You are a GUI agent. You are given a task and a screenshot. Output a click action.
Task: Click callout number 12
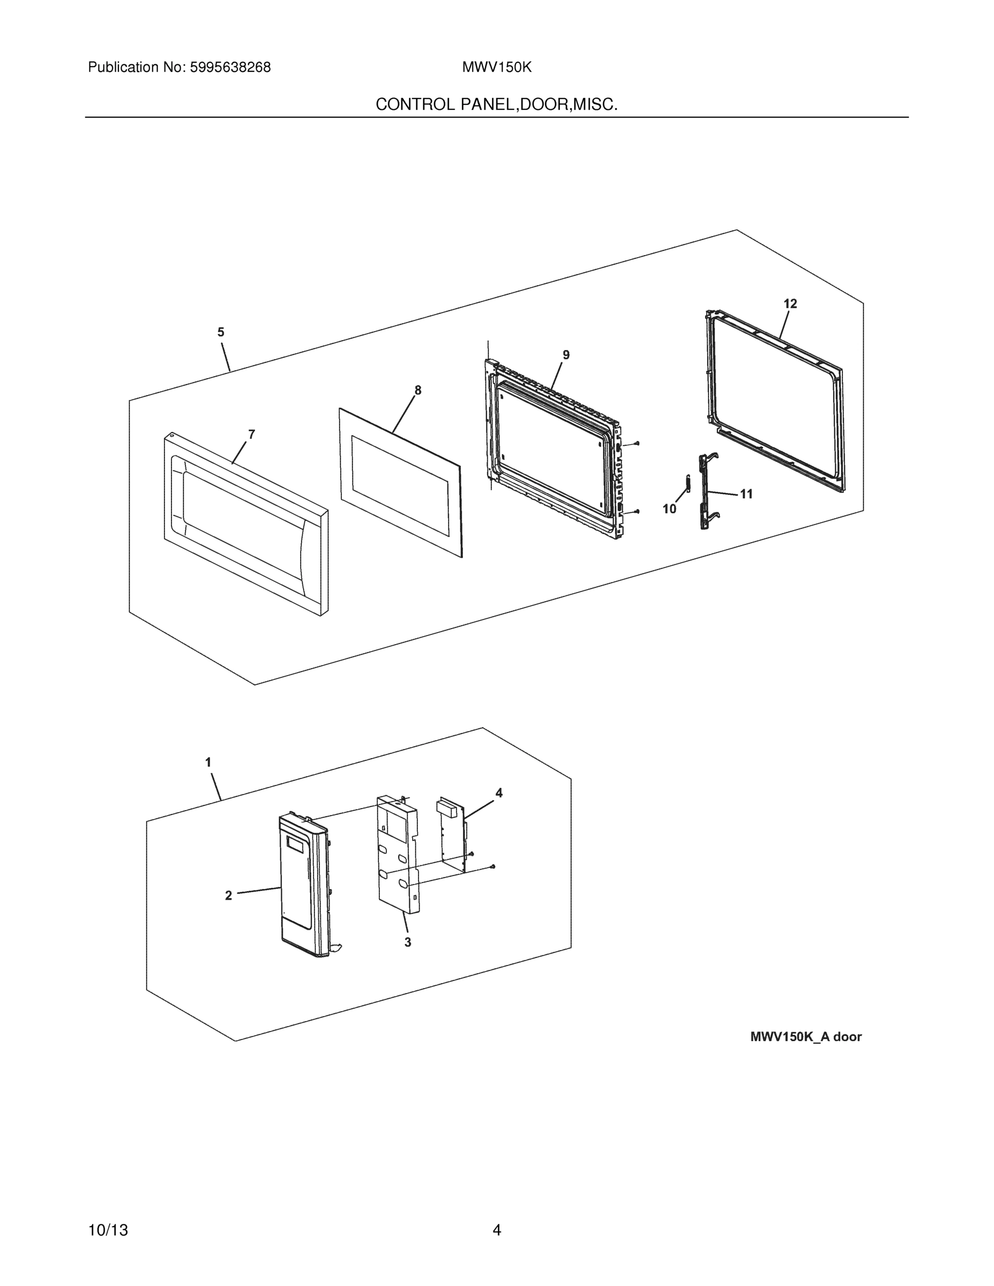[790, 304]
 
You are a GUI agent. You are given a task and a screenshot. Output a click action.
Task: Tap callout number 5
[221, 332]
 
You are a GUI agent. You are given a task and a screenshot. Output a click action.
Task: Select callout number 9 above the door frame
[566, 355]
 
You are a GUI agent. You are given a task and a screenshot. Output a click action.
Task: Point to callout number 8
[417, 391]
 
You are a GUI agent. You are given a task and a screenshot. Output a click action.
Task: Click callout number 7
[251, 435]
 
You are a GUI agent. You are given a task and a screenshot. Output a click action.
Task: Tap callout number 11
[746, 495]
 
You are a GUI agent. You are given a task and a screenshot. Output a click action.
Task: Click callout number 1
[208, 762]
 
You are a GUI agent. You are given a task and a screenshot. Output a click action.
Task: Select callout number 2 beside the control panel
[228, 895]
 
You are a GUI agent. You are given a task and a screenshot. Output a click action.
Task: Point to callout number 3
[407, 942]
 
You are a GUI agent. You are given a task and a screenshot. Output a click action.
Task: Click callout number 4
[499, 793]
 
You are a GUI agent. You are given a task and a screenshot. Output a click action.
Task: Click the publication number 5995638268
[230, 68]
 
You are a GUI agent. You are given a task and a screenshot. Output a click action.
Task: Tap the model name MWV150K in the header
[496, 68]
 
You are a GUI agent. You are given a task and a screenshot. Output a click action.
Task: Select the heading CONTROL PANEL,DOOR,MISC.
[496, 105]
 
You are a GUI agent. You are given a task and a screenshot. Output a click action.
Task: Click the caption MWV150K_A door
[805, 1037]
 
